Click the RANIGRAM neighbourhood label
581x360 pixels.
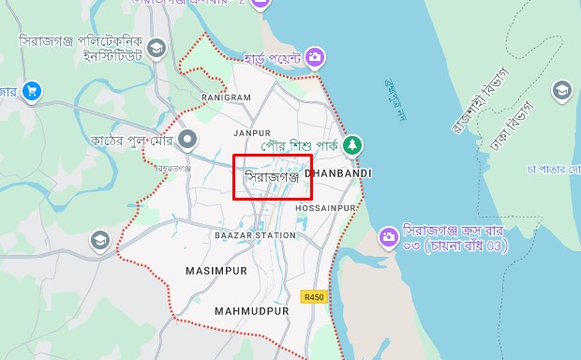[x=226, y=97]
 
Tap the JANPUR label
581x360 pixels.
[x=252, y=134]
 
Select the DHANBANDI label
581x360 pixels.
[x=338, y=173]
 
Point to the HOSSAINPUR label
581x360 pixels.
[x=326, y=207]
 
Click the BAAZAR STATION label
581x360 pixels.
[x=255, y=235]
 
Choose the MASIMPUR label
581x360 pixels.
[x=216, y=271]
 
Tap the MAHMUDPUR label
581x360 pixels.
[x=249, y=310]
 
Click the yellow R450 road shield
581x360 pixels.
[x=313, y=297]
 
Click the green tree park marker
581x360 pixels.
[x=352, y=146]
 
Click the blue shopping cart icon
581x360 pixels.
[x=32, y=91]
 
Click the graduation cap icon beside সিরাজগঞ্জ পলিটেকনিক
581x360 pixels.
[x=156, y=47]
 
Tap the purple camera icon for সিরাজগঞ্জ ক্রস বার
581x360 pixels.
[x=387, y=238]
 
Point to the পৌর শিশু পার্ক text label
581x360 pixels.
[x=301, y=146]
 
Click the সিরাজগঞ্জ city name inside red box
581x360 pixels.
[x=272, y=175]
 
